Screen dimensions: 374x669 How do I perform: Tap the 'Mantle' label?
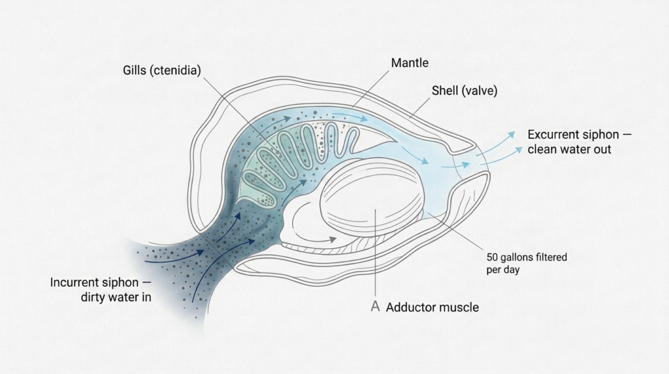coord(410,63)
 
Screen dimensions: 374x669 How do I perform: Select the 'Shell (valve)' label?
coord(464,91)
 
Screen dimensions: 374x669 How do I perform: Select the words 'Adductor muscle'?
coord(432,307)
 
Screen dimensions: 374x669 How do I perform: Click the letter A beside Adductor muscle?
coord(375,307)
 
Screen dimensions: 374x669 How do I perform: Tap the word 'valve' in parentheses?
coord(480,91)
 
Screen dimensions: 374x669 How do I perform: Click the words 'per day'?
coord(504,270)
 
